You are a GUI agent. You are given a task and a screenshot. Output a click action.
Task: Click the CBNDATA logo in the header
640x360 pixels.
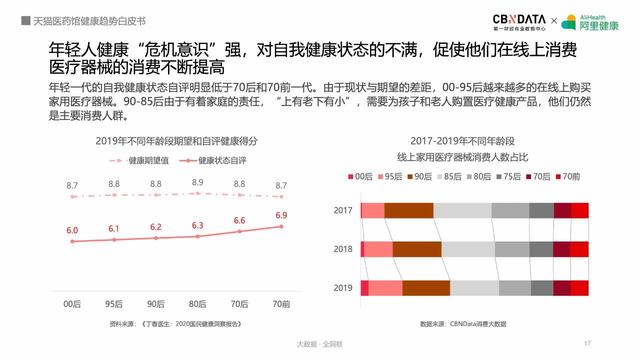[x=518, y=20]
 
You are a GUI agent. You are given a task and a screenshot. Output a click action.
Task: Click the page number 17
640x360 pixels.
[x=587, y=343]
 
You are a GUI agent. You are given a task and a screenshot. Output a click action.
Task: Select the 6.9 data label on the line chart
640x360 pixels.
[x=281, y=215]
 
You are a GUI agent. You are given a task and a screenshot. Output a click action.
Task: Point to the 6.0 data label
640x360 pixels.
[x=72, y=231]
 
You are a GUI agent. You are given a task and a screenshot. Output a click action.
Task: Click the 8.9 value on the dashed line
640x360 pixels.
[x=197, y=183]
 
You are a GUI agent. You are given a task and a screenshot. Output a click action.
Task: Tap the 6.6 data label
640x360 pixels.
[x=239, y=220]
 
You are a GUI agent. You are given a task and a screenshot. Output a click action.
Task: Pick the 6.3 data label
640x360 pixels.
[x=197, y=226]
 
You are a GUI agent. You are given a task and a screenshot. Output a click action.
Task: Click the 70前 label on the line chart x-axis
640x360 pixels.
[x=281, y=301]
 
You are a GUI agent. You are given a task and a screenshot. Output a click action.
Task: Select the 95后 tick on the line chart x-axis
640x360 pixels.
[x=114, y=301]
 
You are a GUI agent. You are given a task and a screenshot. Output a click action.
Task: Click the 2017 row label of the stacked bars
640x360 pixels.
[x=343, y=210]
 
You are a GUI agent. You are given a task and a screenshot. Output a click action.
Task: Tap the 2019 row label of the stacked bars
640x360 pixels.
[x=343, y=287]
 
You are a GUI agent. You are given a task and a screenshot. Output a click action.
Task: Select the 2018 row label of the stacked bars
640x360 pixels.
[x=343, y=248]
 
